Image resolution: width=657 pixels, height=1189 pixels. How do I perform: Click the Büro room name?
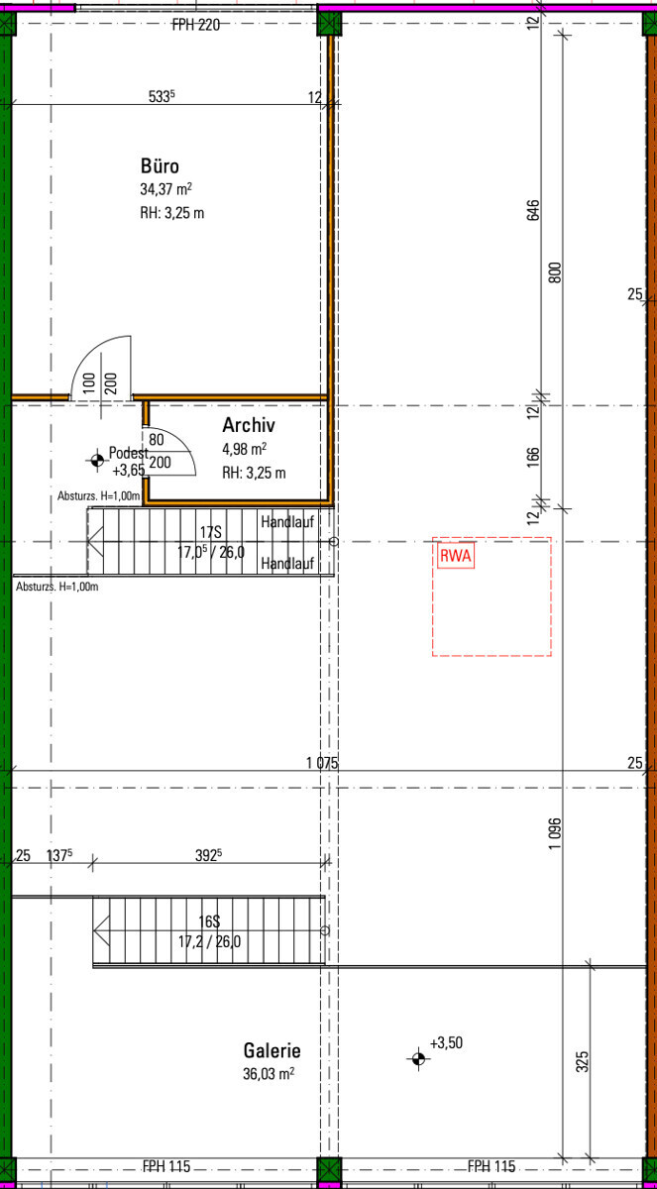160,166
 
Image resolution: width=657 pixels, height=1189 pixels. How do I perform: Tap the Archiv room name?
249,425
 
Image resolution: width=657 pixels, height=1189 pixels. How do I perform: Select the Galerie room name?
273,1050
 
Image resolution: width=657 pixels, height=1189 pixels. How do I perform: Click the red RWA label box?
456,556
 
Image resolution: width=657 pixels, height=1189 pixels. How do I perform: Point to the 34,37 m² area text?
166,189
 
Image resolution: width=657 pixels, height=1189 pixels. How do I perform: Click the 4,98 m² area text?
244,449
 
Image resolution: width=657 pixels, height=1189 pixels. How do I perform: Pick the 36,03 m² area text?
269,1073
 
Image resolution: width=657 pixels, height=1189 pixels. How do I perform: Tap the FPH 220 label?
196,25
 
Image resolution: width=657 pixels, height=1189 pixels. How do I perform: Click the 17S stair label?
211,532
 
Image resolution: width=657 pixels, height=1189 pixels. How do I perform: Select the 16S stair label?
210,921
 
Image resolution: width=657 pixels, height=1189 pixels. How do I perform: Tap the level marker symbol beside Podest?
97,460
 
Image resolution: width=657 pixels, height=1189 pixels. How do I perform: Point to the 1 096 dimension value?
555,833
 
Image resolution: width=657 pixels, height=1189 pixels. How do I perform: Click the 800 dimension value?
555,272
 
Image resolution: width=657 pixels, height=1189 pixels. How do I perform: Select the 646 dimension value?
533,210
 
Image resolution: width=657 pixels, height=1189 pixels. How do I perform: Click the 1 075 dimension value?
322,763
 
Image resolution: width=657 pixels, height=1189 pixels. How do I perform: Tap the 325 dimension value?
582,1061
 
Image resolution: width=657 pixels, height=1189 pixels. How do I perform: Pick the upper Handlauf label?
287,522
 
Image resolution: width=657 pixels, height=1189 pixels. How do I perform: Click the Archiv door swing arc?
177,442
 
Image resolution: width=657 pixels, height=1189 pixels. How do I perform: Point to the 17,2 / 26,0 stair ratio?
209,941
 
